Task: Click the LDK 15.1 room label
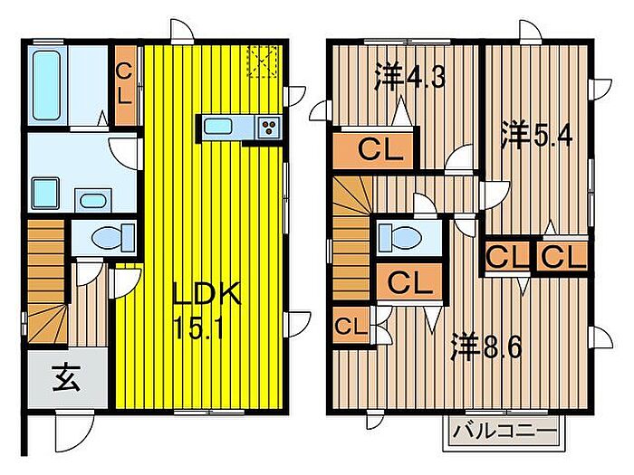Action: click(207, 308)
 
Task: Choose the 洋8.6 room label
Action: click(486, 347)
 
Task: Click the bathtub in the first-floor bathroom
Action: click(45, 81)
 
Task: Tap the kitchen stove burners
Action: click(270, 128)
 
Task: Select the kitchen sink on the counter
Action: click(220, 127)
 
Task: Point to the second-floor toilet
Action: click(399, 237)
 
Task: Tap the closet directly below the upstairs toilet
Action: click(409, 282)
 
